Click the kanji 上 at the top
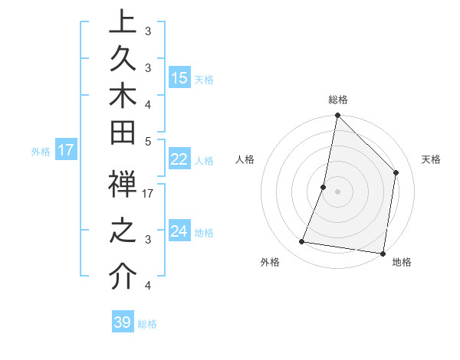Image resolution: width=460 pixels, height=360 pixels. (x=123, y=21)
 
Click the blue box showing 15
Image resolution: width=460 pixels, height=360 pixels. (x=179, y=78)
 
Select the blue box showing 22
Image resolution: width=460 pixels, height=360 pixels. (x=179, y=159)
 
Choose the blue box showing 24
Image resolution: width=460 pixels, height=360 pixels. (x=179, y=231)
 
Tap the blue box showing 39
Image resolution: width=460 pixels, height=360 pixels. (x=123, y=322)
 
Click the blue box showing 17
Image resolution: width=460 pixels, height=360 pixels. (x=66, y=150)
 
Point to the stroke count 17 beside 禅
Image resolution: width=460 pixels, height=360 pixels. (x=149, y=194)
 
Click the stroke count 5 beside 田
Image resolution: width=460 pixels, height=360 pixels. (x=149, y=141)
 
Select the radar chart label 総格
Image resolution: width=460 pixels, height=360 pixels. (x=338, y=100)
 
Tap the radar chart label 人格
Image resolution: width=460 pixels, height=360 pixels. (x=245, y=159)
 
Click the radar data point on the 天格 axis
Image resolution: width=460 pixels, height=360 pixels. (x=396, y=172)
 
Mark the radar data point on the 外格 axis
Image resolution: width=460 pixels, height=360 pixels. (x=302, y=242)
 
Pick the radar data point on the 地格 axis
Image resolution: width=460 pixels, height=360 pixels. (x=382, y=253)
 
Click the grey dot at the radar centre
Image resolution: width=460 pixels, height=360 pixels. (x=338, y=191)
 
